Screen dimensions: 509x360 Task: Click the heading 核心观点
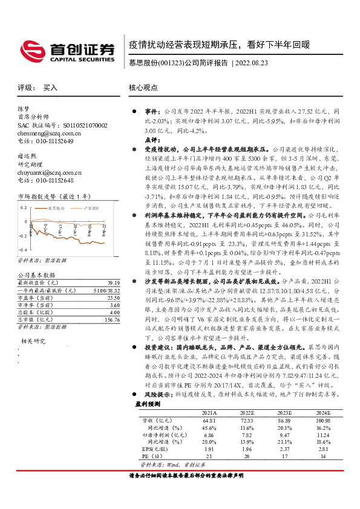click(143, 87)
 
